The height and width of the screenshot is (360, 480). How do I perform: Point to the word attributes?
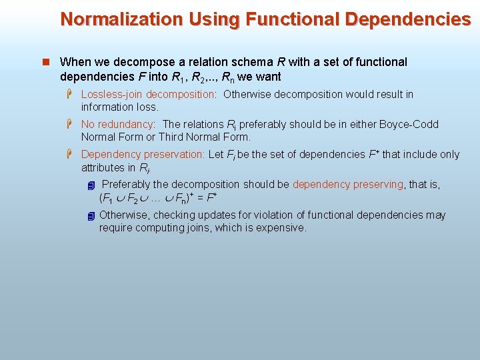103,167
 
